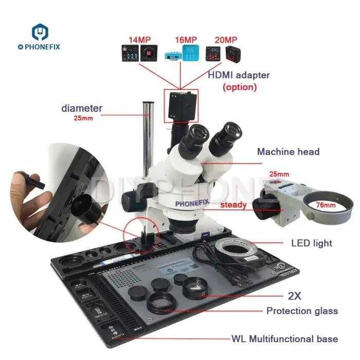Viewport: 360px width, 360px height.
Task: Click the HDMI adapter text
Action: tap(238, 75)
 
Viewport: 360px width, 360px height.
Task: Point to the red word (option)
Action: tap(239, 87)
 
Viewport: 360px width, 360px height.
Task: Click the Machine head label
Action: tap(288, 152)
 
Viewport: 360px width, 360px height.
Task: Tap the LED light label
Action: tap(312, 243)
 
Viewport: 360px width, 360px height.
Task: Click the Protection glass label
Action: tap(302, 311)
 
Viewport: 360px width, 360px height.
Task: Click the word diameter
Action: tap(82, 109)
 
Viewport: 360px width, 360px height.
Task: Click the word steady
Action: tap(234, 205)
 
